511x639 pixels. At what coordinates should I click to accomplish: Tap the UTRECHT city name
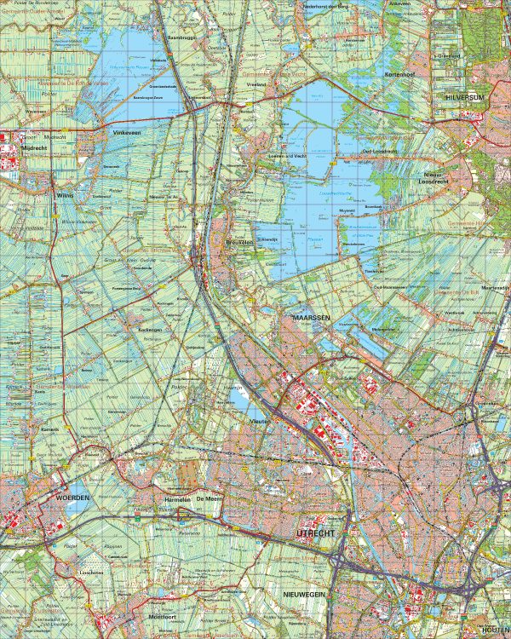tap(294, 532)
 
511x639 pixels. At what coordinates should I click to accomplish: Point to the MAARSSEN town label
tap(305, 317)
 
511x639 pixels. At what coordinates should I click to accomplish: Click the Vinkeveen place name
tap(124, 134)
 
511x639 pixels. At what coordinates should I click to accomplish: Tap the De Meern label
tap(209, 498)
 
